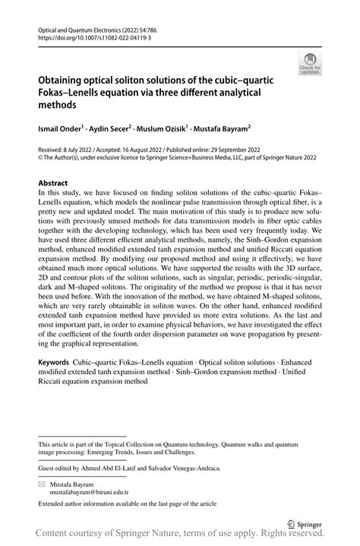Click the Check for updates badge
310,63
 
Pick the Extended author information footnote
122,503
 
